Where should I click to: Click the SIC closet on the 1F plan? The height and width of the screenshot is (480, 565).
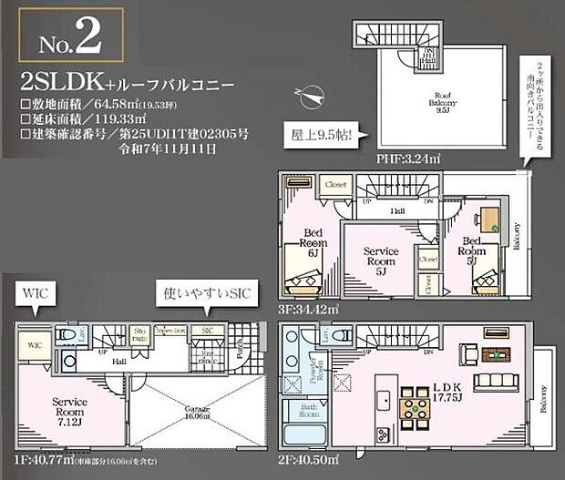point(207,331)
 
